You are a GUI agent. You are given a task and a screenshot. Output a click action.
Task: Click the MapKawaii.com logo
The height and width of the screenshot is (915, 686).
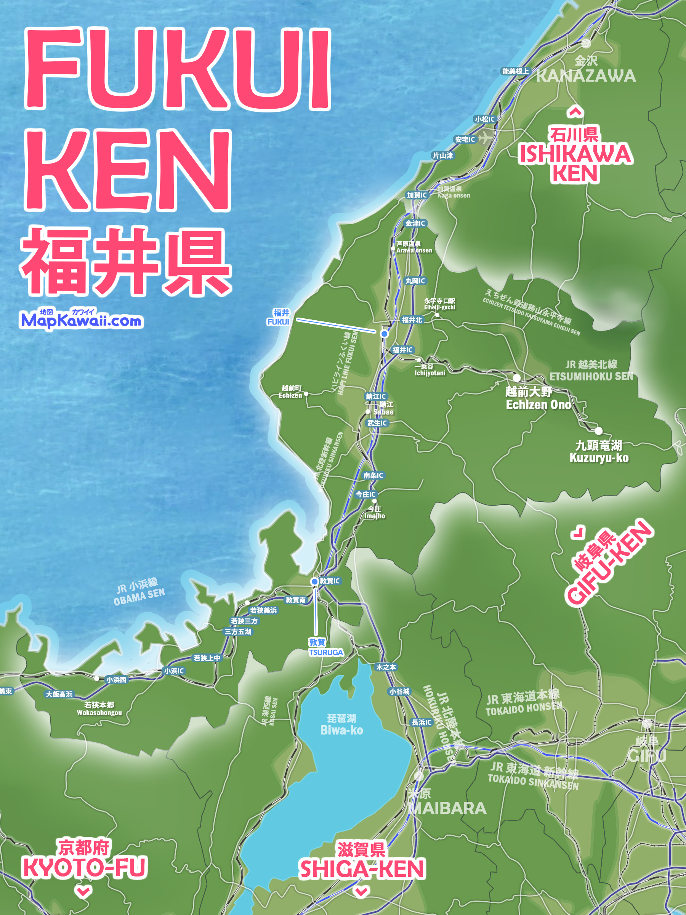[x=81, y=319]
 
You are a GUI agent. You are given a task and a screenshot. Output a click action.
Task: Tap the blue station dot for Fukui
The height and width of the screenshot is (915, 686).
[x=385, y=334]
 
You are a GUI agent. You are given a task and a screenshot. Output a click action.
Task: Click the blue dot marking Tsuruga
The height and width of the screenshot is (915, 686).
[x=315, y=581]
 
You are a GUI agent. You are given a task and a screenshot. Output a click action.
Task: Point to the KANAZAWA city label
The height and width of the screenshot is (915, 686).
[x=586, y=76]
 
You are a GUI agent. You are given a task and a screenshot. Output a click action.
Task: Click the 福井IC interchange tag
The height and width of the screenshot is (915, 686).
[x=402, y=350]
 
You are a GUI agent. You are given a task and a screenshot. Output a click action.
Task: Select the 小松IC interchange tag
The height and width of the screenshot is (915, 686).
[x=485, y=119]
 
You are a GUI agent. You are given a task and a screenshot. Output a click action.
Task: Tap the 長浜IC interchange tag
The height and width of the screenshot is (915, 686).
[x=422, y=722]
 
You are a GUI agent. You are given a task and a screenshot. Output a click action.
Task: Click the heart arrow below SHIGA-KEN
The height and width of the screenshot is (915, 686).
[x=361, y=891]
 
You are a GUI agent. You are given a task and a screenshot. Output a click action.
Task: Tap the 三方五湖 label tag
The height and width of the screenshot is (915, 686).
[x=238, y=632]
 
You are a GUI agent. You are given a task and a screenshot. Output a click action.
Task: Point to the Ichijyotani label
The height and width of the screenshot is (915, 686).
[x=430, y=373]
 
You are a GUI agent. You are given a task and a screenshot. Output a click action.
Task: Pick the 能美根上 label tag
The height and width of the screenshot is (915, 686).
[x=515, y=71]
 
